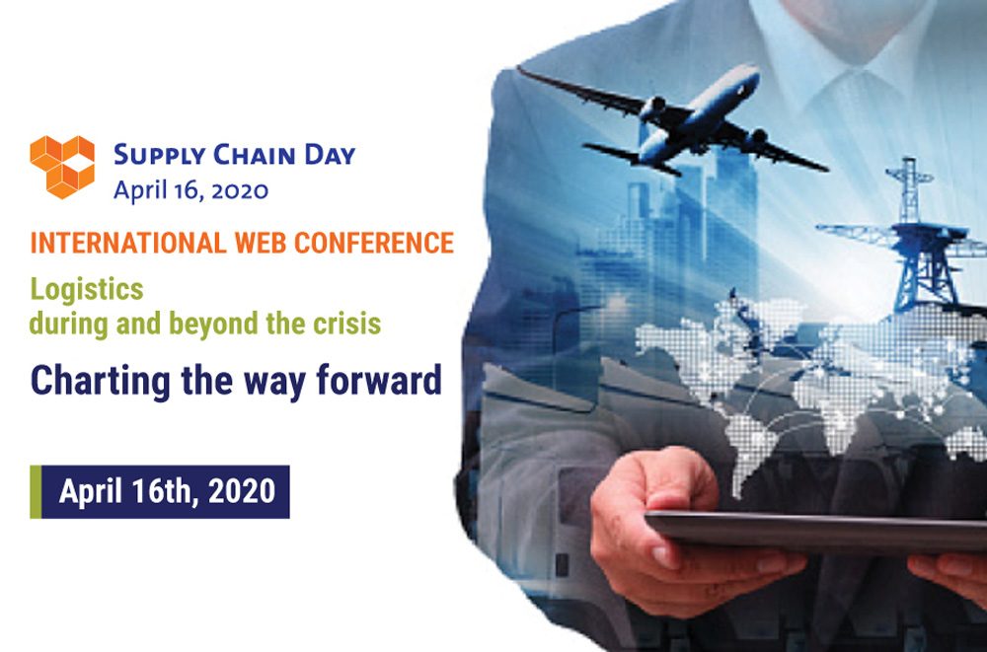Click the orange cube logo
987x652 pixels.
(x=62, y=167)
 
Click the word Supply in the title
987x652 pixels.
(x=160, y=156)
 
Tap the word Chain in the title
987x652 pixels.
(x=255, y=154)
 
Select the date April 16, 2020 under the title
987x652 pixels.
(x=190, y=190)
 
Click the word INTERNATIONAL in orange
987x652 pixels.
(x=127, y=243)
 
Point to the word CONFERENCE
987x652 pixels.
(x=374, y=243)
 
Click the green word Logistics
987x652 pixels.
(x=87, y=290)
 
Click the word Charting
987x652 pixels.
(x=101, y=381)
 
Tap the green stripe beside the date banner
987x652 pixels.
(x=36, y=491)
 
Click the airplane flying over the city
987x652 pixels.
(x=671, y=119)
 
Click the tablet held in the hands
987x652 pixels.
(x=816, y=531)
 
